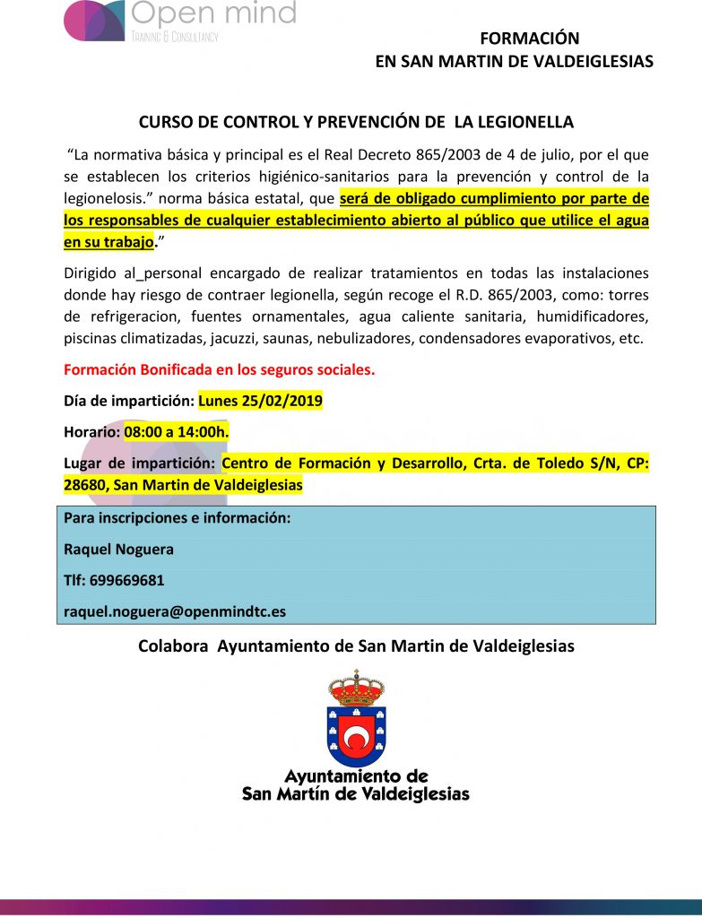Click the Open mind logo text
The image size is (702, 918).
click(x=212, y=13)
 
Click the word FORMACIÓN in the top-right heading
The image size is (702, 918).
click(x=530, y=39)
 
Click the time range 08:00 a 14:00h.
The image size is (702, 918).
click(x=177, y=432)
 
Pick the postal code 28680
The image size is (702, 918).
click(x=86, y=485)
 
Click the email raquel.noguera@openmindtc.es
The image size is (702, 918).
click(x=175, y=611)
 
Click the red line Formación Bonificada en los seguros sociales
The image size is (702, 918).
click(x=219, y=369)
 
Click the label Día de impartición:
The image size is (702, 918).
click(x=129, y=402)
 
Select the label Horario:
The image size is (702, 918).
click(x=91, y=432)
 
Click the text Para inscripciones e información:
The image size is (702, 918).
click(x=177, y=518)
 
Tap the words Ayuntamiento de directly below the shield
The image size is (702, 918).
click(x=356, y=776)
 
